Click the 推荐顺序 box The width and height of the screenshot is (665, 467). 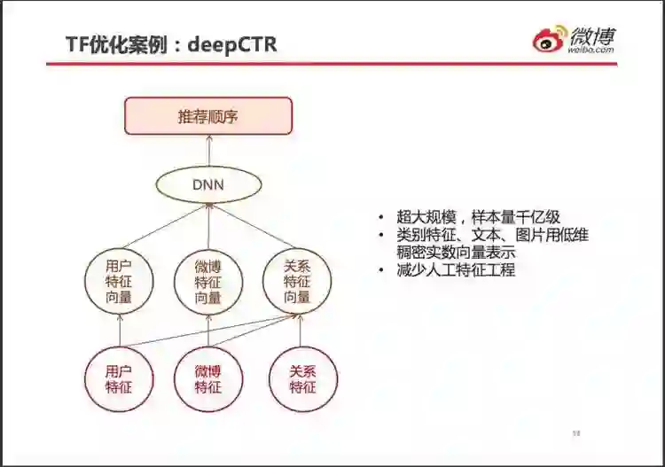[208, 116]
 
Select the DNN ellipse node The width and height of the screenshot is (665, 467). [208, 184]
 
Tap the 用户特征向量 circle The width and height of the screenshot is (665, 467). [119, 282]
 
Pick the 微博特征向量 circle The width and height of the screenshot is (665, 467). [208, 282]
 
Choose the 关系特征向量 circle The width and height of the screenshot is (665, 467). [297, 282]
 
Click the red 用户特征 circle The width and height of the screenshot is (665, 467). [119, 379]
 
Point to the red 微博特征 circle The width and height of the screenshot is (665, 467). [208, 379]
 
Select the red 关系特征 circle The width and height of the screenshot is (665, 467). [302, 379]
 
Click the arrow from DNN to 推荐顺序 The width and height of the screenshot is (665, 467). [208, 150]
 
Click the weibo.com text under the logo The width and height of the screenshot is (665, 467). [591, 51]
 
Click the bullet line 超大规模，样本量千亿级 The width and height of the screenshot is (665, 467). [479, 217]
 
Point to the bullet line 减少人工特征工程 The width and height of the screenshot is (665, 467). [456, 270]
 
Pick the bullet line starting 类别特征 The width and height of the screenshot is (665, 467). [492, 235]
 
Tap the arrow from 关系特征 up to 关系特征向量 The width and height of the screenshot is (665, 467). [301, 331]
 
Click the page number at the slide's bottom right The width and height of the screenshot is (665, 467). [575, 433]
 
